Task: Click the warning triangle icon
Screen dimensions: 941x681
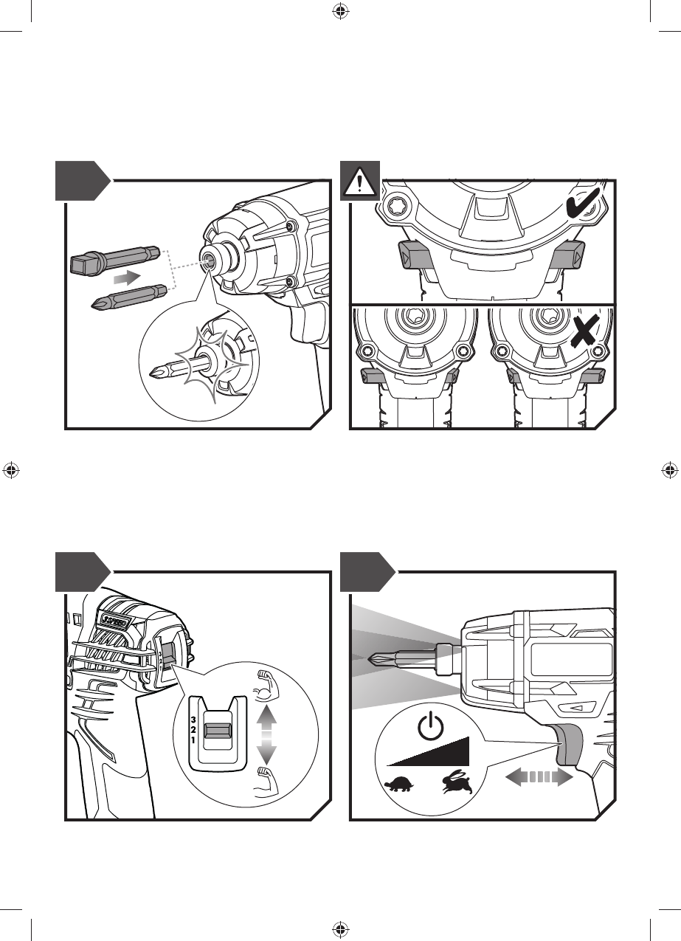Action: pyautogui.click(x=359, y=181)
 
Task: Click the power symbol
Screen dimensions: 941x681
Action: pyautogui.click(x=429, y=728)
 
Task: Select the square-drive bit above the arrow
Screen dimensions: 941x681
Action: pyautogui.click(x=115, y=260)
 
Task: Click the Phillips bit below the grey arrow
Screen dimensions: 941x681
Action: pyautogui.click(x=126, y=298)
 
